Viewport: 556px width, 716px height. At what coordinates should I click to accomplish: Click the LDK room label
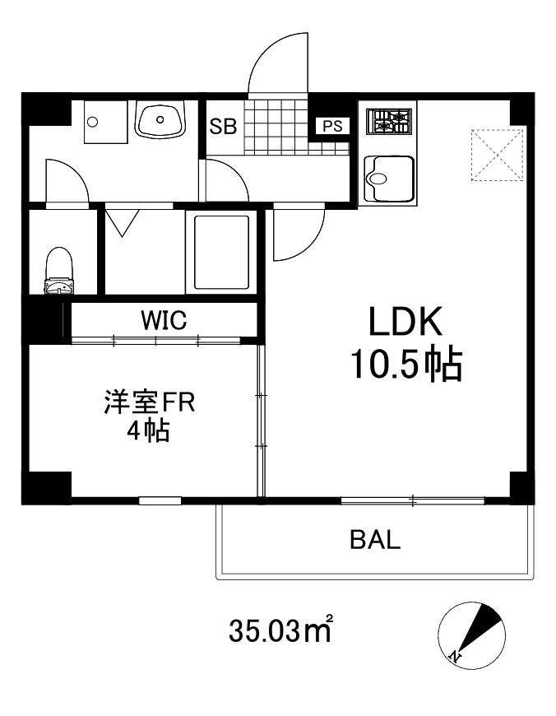click(x=405, y=322)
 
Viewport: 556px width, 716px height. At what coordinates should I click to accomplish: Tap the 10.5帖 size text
click(x=405, y=363)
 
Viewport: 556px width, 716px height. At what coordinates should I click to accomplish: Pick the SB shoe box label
click(x=223, y=127)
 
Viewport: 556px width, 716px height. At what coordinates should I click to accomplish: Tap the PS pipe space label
click(x=332, y=126)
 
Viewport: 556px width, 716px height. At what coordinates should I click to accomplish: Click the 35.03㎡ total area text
click(x=280, y=631)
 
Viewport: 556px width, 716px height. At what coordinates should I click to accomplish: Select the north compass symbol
click(x=470, y=634)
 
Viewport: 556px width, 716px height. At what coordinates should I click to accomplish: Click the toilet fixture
click(x=59, y=269)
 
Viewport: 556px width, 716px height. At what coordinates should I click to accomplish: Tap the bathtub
click(x=221, y=252)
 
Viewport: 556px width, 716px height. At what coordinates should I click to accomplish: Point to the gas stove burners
click(x=389, y=123)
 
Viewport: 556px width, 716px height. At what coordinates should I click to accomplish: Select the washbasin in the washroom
click(x=161, y=121)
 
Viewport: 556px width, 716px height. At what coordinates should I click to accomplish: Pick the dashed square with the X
click(x=498, y=154)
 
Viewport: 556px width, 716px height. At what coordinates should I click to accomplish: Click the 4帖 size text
click(x=148, y=430)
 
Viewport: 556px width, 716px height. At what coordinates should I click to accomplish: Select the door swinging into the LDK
click(x=299, y=231)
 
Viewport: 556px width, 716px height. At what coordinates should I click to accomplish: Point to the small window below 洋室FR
click(x=160, y=500)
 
